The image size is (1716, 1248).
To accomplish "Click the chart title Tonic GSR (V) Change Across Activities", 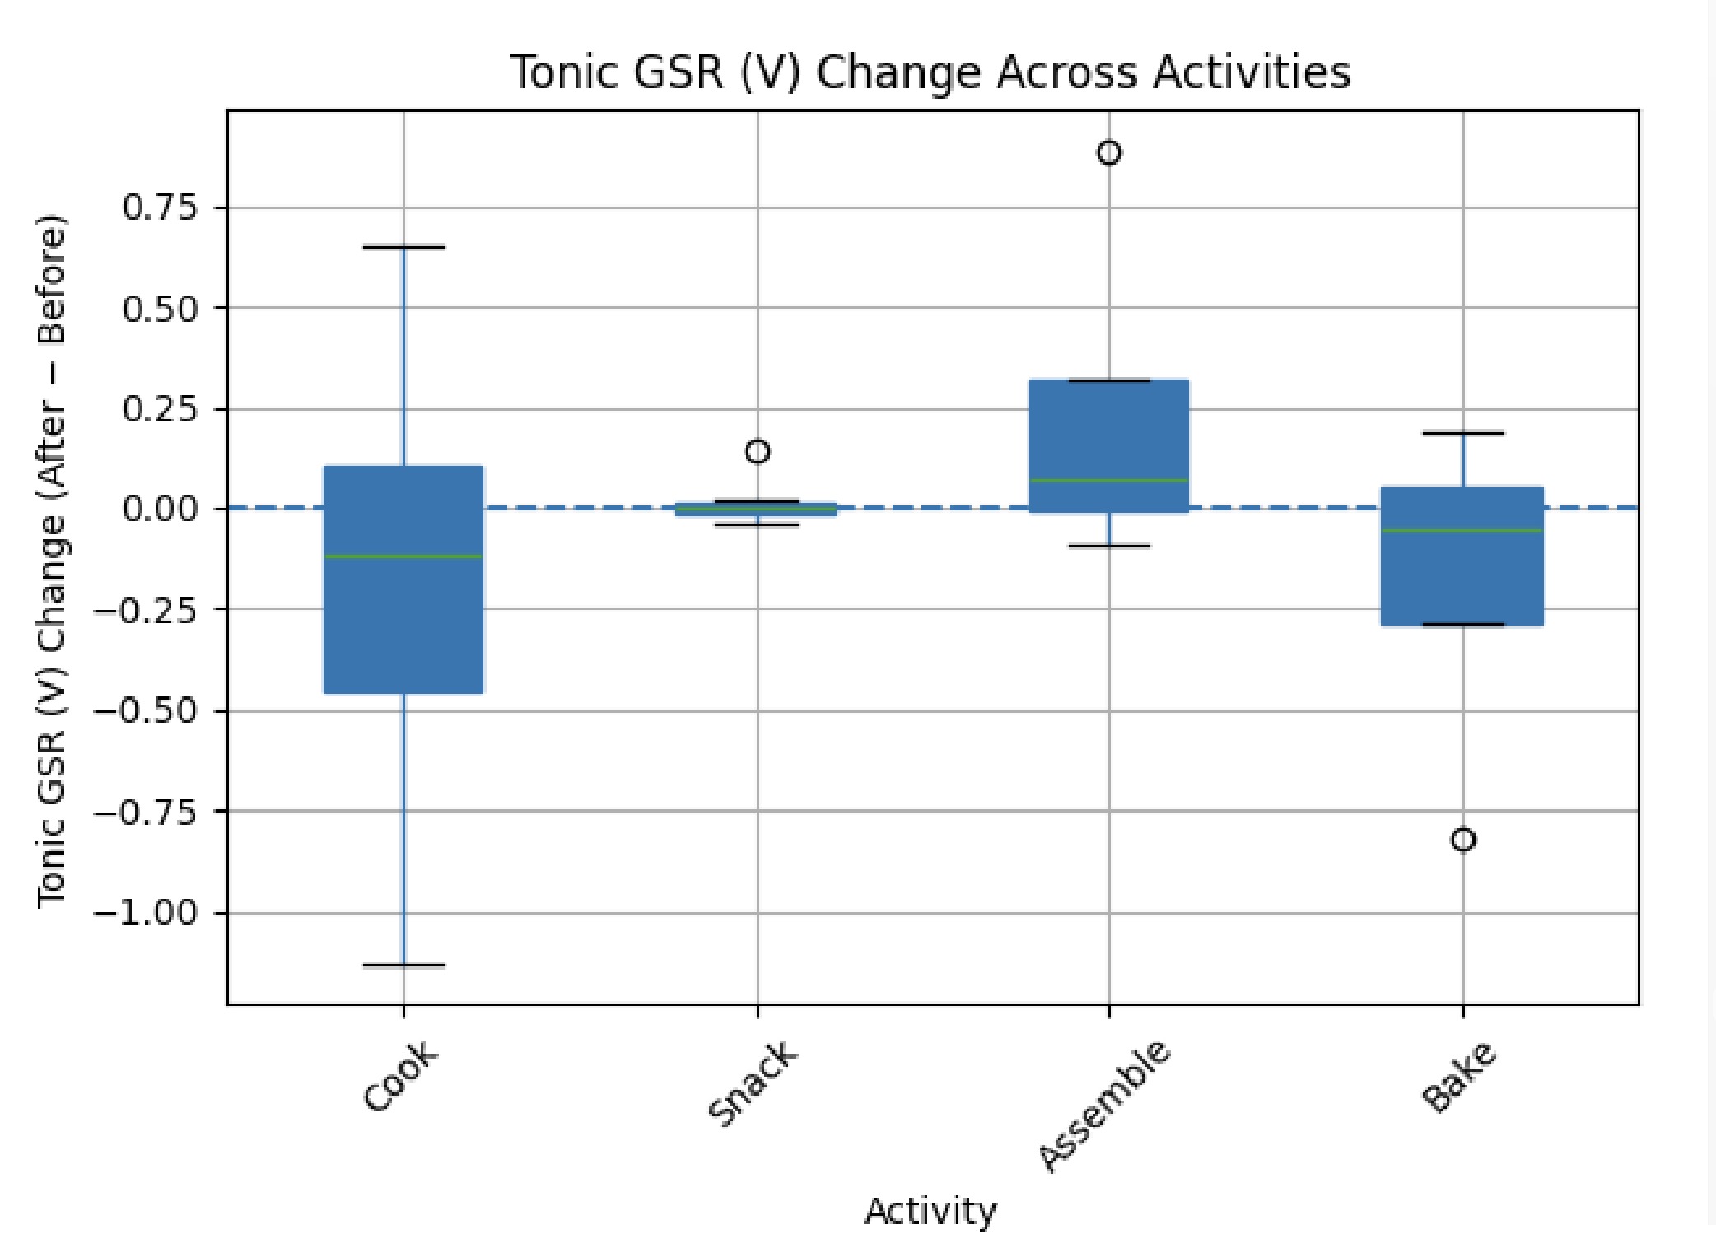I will pyautogui.click(x=930, y=72).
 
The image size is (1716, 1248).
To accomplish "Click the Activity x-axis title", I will pyautogui.click(x=930, y=1211).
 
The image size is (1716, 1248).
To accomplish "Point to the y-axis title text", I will pyautogui.click(x=51, y=560).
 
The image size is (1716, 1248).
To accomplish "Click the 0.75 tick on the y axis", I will pyautogui.click(x=161, y=207).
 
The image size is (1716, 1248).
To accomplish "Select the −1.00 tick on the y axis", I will pyautogui.click(x=147, y=912).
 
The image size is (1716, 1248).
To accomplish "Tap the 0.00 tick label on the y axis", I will pyautogui.click(x=161, y=509).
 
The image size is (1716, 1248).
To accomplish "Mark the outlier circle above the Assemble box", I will pyautogui.click(x=1109, y=153).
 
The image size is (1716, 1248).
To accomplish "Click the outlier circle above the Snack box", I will pyautogui.click(x=758, y=451).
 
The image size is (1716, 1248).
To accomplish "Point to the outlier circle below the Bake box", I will pyautogui.click(x=1463, y=840).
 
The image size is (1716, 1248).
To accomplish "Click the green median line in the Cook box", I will pyautogui.click(x=403, y=556).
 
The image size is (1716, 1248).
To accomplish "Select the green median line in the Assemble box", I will pyautogui.click(x=1109, y=480).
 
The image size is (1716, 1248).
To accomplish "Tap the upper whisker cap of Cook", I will pyautogui.click(x=403, y=246).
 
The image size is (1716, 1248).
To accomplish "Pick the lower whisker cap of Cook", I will pyautogui.click(x=403, y=965).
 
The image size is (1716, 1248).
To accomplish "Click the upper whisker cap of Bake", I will pyautogui.click(x=1463, y=432).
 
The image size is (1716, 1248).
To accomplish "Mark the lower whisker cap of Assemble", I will pyautogui.click(x=1109, y=546).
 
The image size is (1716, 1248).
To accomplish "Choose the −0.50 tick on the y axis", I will pyautogui.click(x=147, y=710).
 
